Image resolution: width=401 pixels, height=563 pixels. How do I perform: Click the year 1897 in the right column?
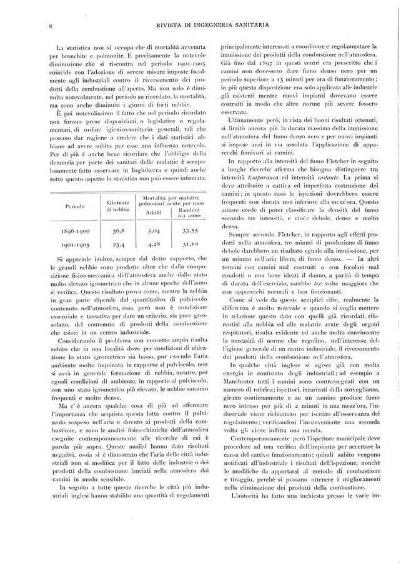(258, 64)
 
